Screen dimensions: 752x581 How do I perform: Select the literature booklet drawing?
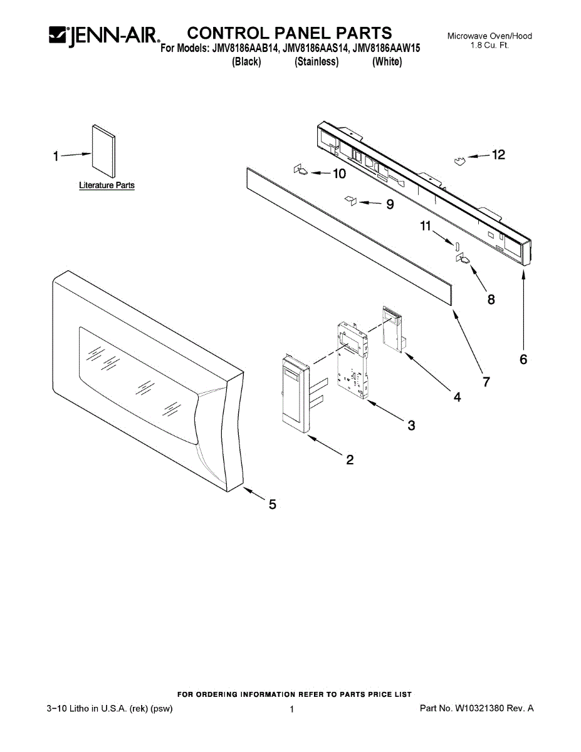[103, 151]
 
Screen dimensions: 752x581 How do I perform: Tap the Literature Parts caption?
[107, 185]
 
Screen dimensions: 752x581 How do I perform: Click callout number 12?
[498, 155]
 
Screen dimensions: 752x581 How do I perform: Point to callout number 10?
[338, 174]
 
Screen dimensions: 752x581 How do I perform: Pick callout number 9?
[390, 204]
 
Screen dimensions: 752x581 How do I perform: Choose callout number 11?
[426, 227]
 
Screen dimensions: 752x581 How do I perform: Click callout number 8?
[491, 300]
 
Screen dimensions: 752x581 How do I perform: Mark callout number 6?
[523, 359]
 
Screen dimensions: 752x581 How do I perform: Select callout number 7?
[486, 381]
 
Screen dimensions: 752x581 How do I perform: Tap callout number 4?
[457, 397]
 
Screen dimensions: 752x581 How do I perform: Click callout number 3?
[411, 426]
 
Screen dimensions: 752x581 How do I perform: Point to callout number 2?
[350, 460]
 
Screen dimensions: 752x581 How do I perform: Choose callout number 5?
[273, 504]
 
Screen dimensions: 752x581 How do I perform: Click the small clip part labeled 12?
[460, 162]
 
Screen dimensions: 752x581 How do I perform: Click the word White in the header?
[387, 62]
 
